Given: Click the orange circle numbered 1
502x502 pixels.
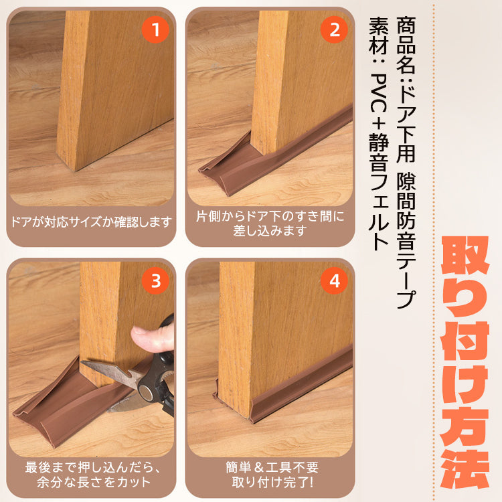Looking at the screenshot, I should pos(156,29).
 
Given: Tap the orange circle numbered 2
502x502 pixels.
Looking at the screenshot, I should pos(334,29).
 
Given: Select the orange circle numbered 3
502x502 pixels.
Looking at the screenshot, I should pos(156,281).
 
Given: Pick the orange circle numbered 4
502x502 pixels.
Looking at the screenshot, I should pos(334,281).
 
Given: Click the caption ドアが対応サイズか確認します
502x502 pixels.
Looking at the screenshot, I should pos(90,222).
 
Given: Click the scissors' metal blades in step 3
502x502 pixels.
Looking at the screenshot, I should pos(110,372).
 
